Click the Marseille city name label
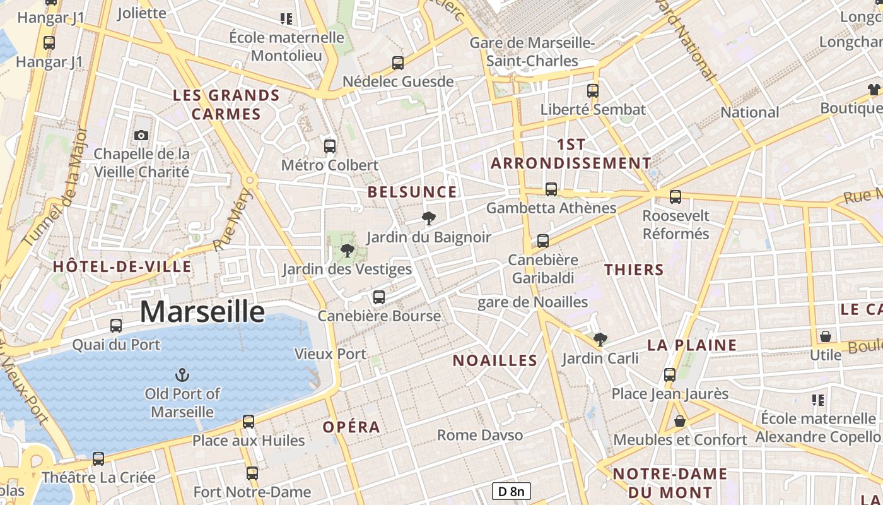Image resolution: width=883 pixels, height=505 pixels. click(202, 312)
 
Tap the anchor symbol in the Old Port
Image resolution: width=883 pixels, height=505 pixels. click(182, 375)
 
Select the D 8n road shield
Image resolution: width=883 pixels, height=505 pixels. click(511, 491)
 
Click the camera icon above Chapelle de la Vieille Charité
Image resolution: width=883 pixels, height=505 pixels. click(141, 135)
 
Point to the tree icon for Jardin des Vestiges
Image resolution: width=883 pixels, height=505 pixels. click(347, 251)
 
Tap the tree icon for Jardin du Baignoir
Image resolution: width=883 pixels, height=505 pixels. click(429, 218)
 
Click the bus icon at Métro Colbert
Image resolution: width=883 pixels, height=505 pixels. click(329, 146)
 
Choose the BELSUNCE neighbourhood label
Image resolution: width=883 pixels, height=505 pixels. click(412, 192)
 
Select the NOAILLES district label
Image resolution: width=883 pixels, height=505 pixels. click(495, 360)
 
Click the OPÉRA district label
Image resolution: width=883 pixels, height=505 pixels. click(351, 427)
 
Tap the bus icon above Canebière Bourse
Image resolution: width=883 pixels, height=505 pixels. click(379, 297)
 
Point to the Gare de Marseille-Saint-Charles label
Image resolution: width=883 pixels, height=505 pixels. click(532, 52)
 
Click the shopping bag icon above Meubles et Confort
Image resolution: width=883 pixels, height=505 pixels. click(680, 420)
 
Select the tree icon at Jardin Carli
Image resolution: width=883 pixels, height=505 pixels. click(600, 340)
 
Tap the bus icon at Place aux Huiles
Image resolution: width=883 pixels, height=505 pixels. click(249, 421)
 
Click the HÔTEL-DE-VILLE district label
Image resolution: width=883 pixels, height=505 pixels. click(122, 266)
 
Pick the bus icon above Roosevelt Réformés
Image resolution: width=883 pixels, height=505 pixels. click(675, 197)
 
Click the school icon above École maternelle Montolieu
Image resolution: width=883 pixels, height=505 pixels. click(287, 19)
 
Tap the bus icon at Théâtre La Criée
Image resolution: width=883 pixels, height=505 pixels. click(98, 458)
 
